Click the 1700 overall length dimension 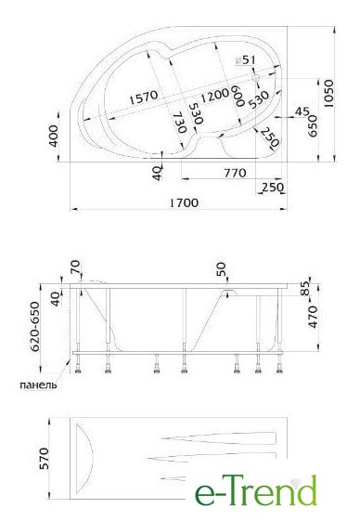[x=184, y=202]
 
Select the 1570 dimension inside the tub [x=144, y=97]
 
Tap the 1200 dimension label [x=214, y=95]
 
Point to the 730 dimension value [x=180, y=123]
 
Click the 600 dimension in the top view [x=238, y=96]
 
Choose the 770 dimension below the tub [x=235, y=173]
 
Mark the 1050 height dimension [x=328, y=94]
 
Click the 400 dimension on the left [x=53, y=136]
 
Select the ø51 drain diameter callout [x=245, y=60]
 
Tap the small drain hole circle [x=256, y=78]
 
